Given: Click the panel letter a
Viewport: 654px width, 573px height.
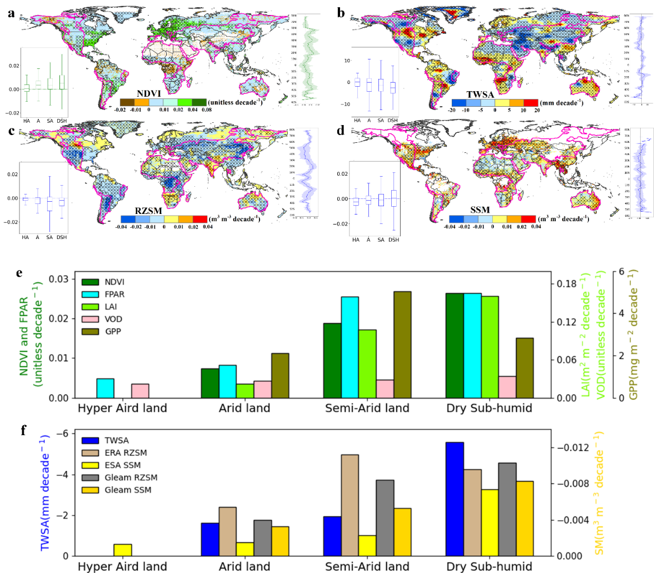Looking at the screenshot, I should [x=12, y=13].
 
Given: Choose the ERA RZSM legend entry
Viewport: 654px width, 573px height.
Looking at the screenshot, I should [x=126, y=453].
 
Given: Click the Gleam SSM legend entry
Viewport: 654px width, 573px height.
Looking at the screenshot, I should [x=128, y=490].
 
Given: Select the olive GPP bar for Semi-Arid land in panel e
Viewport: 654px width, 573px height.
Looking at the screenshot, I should [x=402, y=345].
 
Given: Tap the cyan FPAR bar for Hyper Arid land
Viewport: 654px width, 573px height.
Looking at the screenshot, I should [x=105, y=388].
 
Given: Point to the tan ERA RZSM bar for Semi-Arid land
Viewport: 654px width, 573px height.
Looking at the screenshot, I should [x=350, y=505].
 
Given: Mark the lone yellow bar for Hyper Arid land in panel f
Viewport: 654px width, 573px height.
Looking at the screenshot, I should [x=123, y=550].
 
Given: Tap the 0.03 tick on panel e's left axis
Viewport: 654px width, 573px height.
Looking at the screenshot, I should [x=59, y=278].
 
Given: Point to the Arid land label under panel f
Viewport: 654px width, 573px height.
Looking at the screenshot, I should [x=244, y=567].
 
